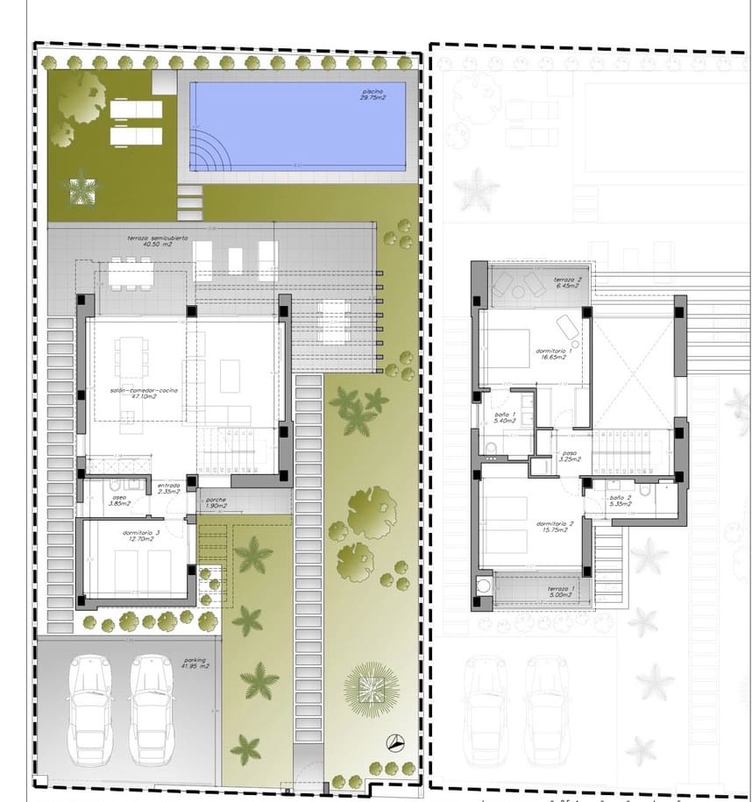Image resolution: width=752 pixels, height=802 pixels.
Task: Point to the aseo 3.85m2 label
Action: (118, 500)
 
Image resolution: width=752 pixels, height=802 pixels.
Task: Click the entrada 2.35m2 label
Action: (168, 488)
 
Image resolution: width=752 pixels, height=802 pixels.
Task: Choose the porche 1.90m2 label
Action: (216, 503)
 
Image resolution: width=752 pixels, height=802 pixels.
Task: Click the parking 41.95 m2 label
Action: (195, 664)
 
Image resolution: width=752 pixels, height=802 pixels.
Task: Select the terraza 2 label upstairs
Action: (567, 282)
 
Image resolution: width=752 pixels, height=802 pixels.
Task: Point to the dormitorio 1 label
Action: (554, 354)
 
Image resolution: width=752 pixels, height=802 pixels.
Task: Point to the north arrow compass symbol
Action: (396, 742)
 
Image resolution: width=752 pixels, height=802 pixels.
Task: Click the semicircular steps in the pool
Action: (207, 159)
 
